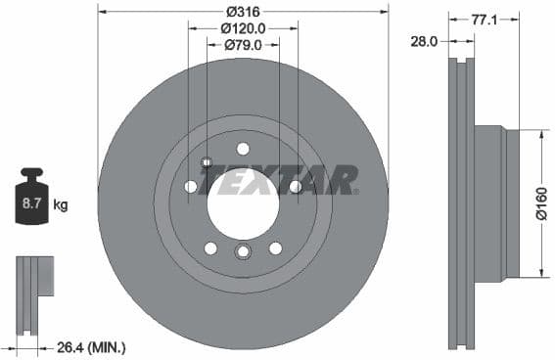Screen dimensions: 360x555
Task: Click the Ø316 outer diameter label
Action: tap(242, 11)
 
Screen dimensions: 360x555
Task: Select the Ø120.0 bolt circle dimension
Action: tap(242, 28)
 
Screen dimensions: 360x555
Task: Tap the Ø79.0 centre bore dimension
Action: tap(242, 45)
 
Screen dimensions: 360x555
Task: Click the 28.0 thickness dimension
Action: tap(424, 42)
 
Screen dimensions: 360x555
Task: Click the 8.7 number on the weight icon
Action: tap(32, 204)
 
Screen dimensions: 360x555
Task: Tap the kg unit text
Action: tap(61, 205)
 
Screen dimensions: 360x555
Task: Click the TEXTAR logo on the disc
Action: tap(279, 180)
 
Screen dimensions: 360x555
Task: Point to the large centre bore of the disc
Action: tap(242, 202)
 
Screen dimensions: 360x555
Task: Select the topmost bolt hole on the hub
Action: tap(243, 149)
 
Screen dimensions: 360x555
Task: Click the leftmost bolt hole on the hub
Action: tap(191, 186)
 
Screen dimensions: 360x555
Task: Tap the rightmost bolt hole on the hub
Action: tap(295, 186)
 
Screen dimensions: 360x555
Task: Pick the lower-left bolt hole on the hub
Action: tap(210, 247)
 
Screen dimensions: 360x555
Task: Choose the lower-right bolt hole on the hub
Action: tap(275, 247)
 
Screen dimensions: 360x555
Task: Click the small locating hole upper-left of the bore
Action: tap(206, 162)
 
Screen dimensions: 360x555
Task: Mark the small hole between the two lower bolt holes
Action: tap(243, 253)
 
